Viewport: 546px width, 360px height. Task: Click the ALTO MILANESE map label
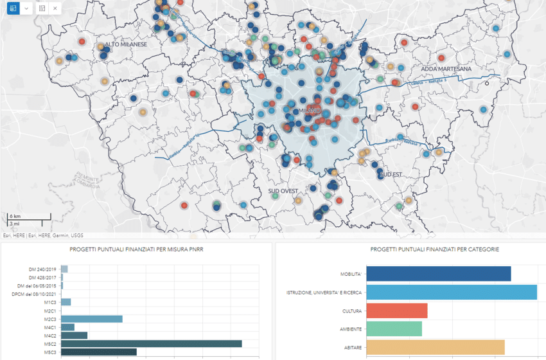(126, 45)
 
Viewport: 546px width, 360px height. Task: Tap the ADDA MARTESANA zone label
(446, 68)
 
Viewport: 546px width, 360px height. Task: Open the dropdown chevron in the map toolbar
(26, 8)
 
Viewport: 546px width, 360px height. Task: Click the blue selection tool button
(11, 8)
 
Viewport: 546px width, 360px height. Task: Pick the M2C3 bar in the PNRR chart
(92, 318)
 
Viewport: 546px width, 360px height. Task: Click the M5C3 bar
(99, 352)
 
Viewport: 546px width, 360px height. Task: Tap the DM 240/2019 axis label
(44, 269)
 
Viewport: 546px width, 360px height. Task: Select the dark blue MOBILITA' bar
(438, 274)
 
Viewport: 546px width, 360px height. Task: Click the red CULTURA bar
(396, 310)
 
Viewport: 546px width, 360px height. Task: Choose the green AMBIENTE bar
(394, 329)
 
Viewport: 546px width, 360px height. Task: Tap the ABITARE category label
(351, 348)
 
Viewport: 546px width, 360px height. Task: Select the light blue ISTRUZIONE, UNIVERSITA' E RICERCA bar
(451, 292)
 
